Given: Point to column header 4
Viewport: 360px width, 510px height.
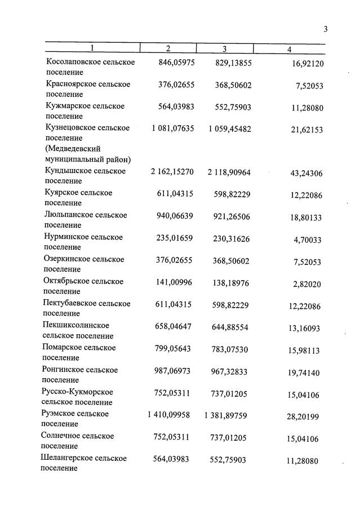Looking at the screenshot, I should [289, 50].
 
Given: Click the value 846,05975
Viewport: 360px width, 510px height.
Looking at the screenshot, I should [174, 63].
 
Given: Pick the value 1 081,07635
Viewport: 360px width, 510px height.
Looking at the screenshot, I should [172, 128].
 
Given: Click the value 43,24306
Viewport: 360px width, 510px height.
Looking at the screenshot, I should [306, 174].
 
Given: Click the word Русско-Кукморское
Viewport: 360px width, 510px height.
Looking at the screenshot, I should [78, 392].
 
